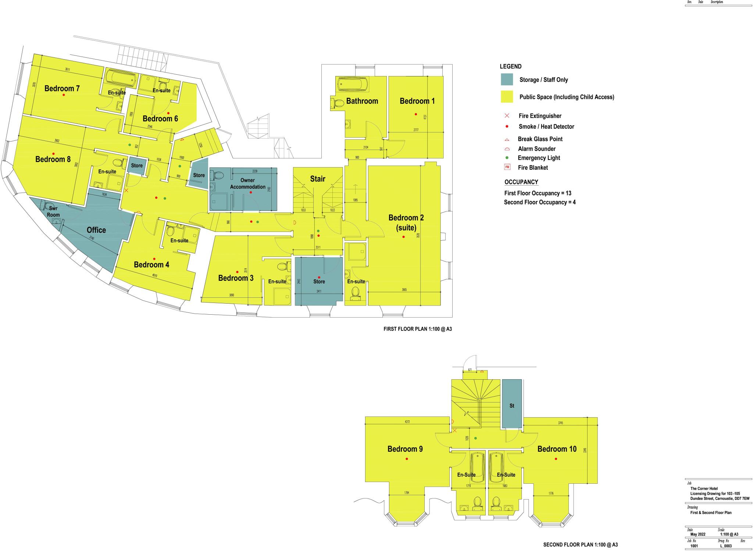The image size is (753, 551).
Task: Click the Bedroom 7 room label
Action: [62, 88]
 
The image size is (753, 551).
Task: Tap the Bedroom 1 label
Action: [417, 101]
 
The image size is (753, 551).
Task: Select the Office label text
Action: [96, 230]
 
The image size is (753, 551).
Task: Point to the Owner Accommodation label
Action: [247, 183]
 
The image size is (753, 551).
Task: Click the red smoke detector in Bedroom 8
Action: [54, 154]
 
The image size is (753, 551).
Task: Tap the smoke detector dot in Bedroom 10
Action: [556, 459]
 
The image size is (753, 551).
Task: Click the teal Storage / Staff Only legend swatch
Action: [507, 79]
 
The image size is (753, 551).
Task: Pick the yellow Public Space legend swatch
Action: [507, 97]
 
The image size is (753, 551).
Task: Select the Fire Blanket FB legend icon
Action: [507, 167]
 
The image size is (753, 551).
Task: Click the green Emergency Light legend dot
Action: [507, 158]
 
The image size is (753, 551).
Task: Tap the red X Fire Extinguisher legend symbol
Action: [507, 116]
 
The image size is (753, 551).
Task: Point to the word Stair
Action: [318, 179]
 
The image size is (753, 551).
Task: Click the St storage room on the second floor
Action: [512, 405]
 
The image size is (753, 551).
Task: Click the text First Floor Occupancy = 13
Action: [537, 193]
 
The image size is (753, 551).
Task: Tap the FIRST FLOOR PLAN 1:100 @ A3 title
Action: [417, 329]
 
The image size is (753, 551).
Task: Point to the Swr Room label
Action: [53, 212]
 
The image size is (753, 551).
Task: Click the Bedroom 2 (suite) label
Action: [406, 222]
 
